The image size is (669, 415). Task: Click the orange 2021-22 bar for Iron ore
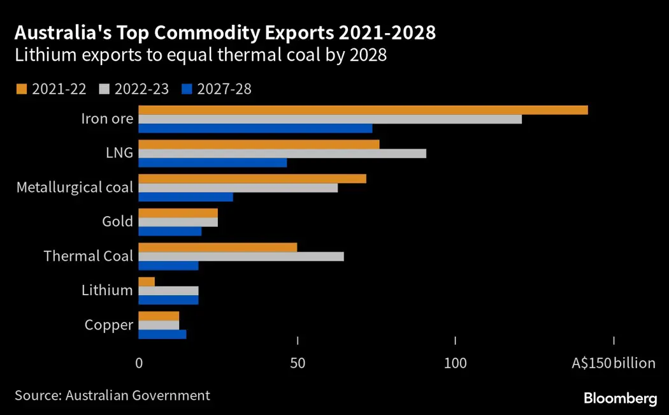point(363,110)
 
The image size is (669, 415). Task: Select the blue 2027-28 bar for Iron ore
point(255,128)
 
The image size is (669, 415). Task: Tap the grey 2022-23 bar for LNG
point(282,153)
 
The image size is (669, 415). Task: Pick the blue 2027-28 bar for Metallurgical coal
point(186,196)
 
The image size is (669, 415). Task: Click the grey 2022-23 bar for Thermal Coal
point(241,256)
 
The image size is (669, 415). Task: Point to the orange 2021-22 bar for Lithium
point(147,282)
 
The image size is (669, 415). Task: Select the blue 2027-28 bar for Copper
point(162,334)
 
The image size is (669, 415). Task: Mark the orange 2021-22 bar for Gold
point(178,213)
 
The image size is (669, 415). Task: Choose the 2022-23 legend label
point(141,89)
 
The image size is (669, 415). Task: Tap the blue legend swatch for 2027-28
point(186,89)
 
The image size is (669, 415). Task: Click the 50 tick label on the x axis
point(298,363)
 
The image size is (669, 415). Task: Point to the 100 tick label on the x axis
point(456,363)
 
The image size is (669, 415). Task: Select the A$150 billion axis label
point(613,363)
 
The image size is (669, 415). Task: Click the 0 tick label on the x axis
point(139,363)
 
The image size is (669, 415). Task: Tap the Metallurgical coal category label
point(75,187)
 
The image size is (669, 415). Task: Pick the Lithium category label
point(107,291)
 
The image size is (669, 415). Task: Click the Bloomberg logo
point(620,398)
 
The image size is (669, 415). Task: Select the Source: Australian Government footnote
point(112,395)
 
